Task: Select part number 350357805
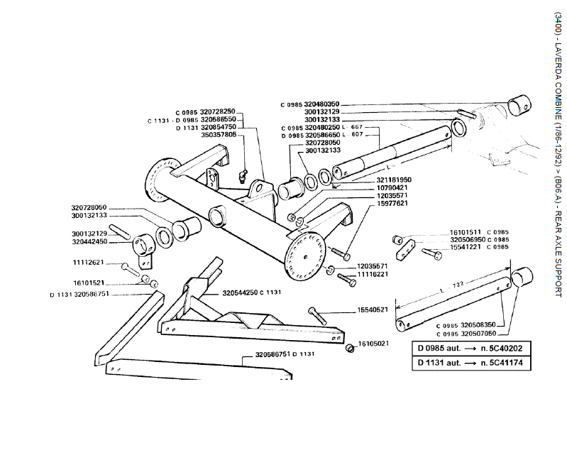(219, 134)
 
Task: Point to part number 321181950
(394, 180)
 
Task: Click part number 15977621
(394, 203)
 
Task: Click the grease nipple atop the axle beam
(241, 175)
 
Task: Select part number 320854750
(219, 127)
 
